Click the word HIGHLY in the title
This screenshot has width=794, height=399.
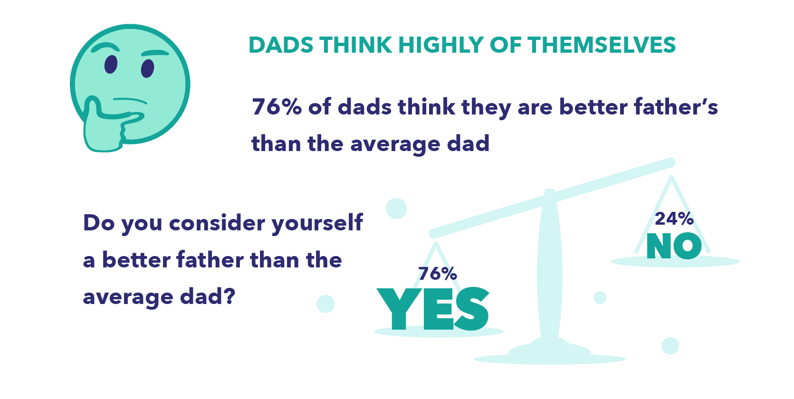click(441, 45)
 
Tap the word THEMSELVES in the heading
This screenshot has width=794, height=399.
click(602, 45)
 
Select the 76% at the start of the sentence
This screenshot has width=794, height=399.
click(277, 107)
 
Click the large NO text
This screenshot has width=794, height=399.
click(674, 246)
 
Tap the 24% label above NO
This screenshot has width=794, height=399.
click(674, 218)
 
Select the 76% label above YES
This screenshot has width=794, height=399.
click(438, 274)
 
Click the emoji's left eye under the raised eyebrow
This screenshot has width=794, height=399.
click(111, 64)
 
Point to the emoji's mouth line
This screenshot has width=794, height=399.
click(130, 101)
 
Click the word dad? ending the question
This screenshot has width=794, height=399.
click(208, 296)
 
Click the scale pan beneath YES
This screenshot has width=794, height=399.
click(439, 332)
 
